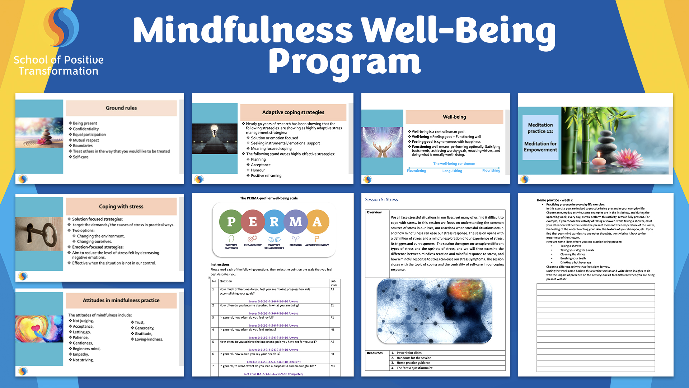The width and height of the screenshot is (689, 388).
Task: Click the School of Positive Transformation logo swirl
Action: point(61,27)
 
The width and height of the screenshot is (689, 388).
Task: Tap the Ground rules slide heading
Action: point(121,108)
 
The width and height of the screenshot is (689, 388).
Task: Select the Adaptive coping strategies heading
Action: point(293,112)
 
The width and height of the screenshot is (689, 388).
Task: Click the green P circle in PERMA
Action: point(231,222)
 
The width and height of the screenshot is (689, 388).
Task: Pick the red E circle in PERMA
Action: point(253,222)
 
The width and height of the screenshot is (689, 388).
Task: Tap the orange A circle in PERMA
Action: point(317,222)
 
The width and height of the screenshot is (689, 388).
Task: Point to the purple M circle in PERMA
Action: point(296,222)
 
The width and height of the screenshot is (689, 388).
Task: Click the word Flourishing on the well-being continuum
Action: point(491,170)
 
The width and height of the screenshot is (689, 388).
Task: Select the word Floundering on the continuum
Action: point(416,171)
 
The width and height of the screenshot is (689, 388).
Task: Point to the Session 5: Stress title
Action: point(381,200)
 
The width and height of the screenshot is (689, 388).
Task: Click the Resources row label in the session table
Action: point(375,353)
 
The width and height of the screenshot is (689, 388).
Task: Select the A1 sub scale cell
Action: point(333,289)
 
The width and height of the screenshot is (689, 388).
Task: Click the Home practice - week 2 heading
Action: point(554,200)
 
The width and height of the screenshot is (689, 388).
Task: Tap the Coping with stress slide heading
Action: point(121,207)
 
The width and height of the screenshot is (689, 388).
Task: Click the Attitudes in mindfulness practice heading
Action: point(121,300)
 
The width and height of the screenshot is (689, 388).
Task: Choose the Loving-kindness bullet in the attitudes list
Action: point(149,339)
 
